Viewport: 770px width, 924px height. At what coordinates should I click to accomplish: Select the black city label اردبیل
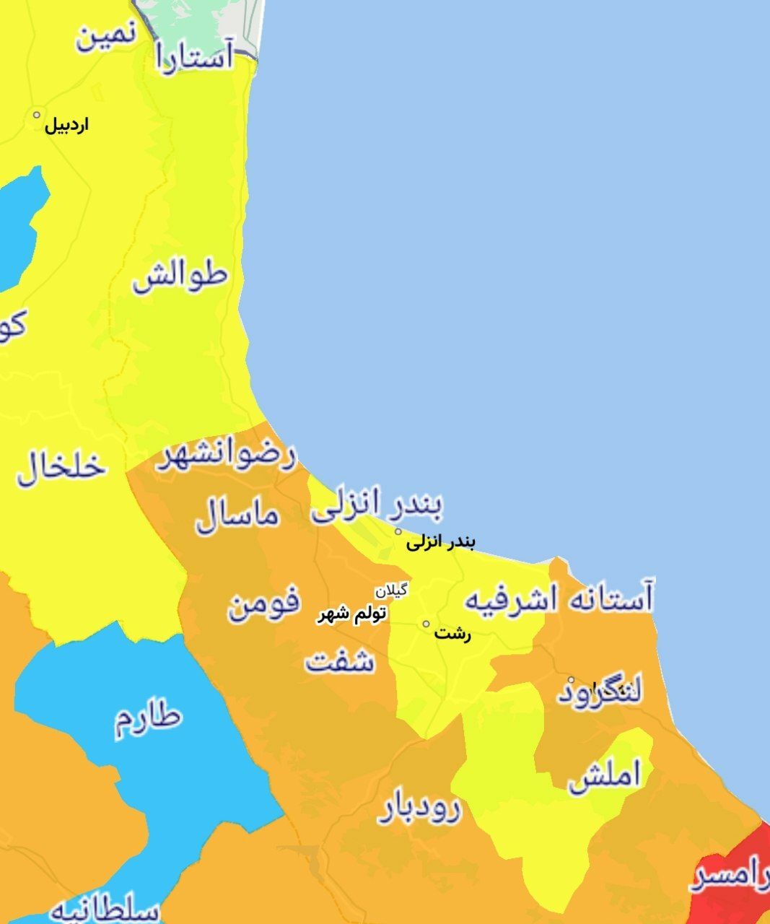[x=67, y=126]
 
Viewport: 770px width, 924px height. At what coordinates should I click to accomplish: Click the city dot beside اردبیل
[x=37, y=115]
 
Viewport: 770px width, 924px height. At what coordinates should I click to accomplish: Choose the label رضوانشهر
[x=226, y=456]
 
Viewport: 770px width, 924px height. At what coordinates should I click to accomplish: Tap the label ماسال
[x=237, y=515]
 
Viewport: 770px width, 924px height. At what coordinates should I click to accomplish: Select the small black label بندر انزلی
[x=440, y=541]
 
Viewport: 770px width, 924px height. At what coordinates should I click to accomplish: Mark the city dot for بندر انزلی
[x=398, y=532]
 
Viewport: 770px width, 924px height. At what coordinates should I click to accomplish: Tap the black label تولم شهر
[x=352, y=614]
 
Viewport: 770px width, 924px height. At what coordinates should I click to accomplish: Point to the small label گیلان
[x=390, y=590]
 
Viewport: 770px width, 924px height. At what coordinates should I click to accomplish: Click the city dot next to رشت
[x=426, y=624]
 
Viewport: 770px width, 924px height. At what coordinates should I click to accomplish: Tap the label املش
[x=604, y=776]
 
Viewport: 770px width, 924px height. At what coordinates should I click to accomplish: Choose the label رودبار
[x=419, y=810]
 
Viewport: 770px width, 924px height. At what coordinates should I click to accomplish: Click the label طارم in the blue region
[x=148, y=718]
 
